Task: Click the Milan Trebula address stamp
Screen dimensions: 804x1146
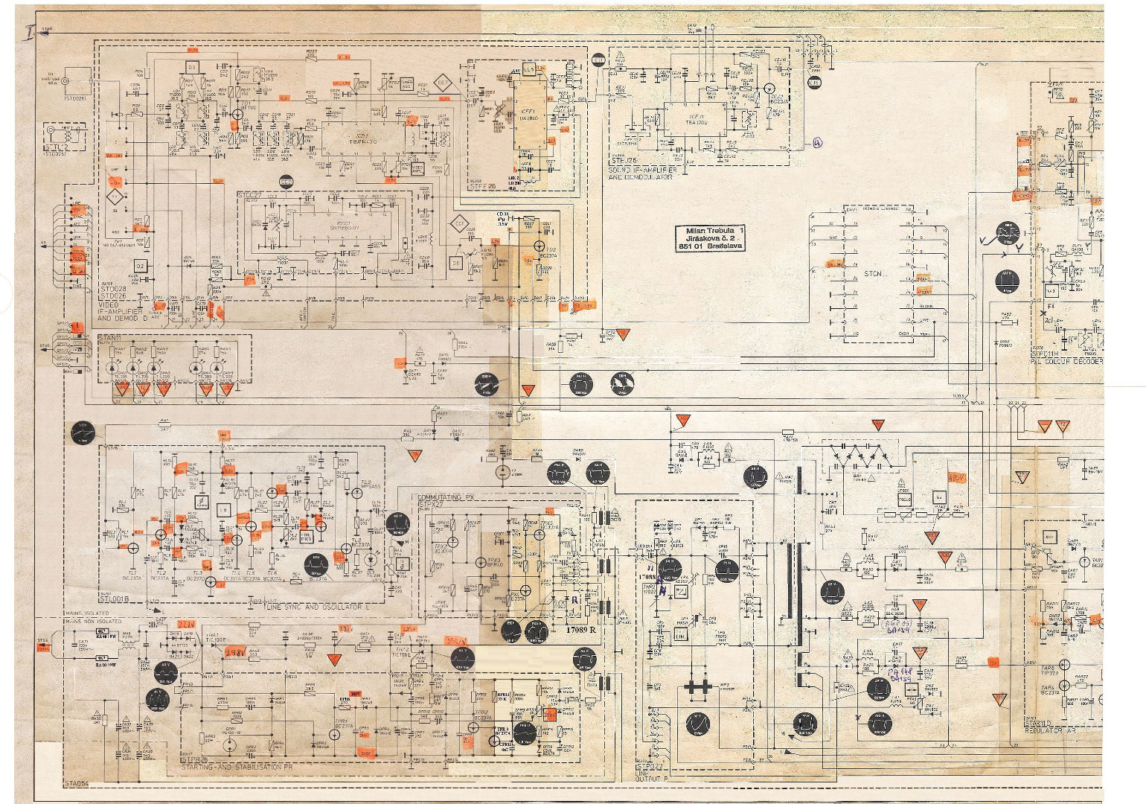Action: (x=710, y=238)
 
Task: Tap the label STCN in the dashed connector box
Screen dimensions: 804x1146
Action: (x=873, y=274)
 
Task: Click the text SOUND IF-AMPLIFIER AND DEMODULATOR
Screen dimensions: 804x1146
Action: (x=642, y=173)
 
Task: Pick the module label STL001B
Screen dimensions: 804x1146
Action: (x=115, y=598)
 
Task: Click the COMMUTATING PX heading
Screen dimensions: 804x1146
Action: (x=446, y=497)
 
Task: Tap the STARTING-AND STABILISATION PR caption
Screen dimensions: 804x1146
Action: (x=237, y=766)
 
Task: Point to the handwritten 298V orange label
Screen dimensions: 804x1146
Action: (x=235, y=652)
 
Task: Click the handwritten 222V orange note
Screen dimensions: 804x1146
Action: (x=185, y=624)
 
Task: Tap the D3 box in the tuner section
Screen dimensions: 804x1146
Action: (x=192, y=67)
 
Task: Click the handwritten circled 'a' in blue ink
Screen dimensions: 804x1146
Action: (x=818, y=143)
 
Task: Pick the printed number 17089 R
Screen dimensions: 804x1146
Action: (x=581, y=630)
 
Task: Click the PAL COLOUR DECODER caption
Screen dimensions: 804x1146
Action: (x=1066, y=361)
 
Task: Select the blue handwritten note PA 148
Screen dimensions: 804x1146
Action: (x=900, y=671)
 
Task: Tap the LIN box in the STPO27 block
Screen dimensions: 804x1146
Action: (x=680, y=635)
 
